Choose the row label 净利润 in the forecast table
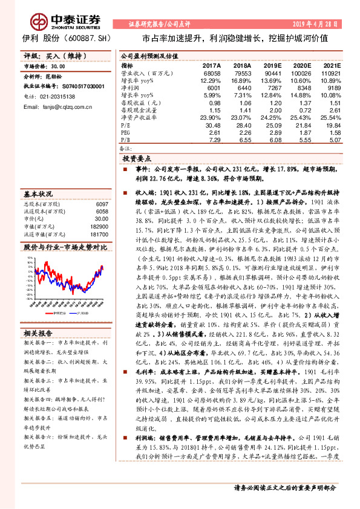(129, 88)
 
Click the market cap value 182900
(100, 226)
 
